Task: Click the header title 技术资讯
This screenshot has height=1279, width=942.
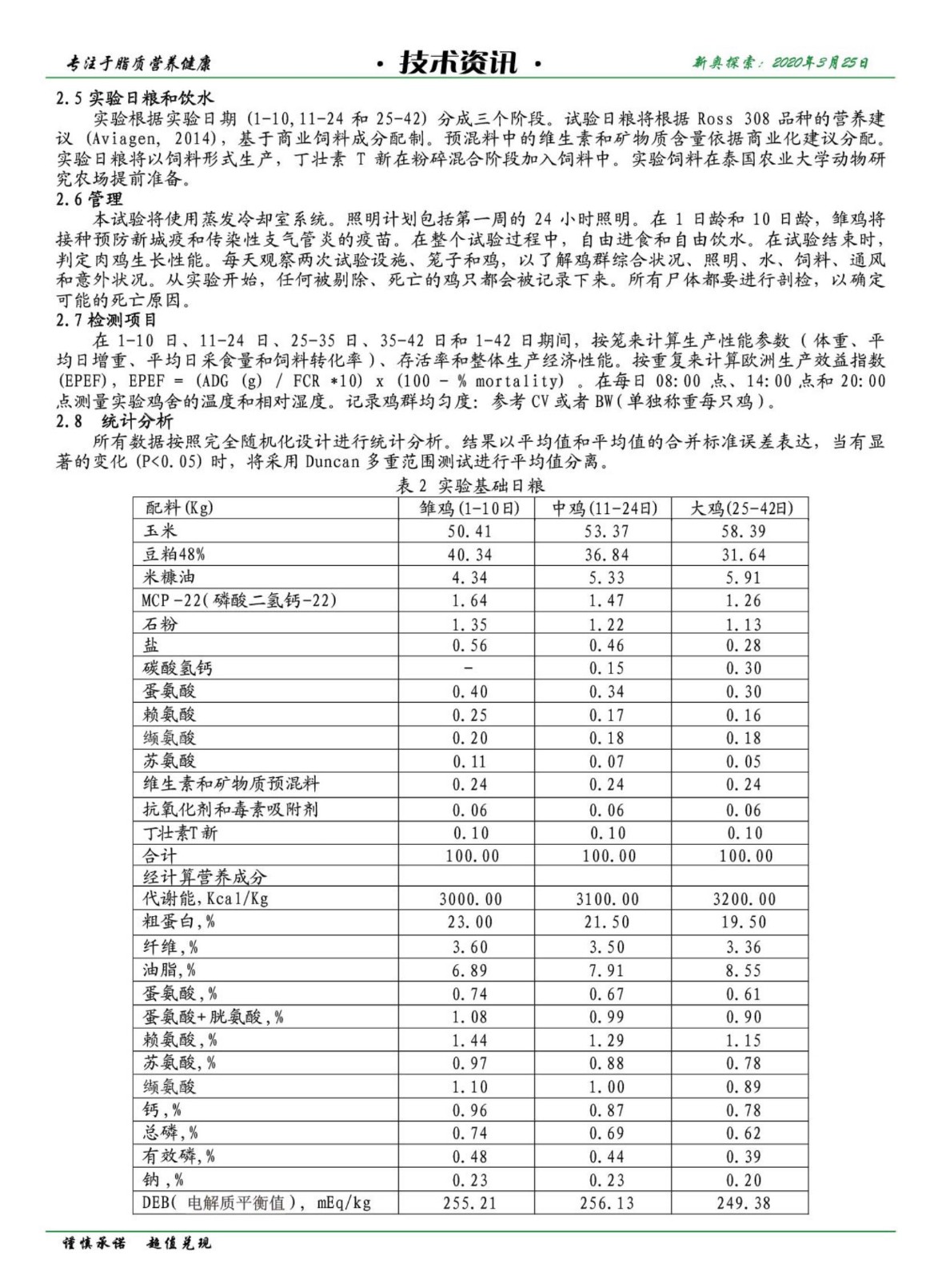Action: click(x=458, y=62)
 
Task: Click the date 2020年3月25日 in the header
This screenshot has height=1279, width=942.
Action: click(x=820, y=62)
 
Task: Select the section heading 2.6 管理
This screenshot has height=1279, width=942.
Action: click(x=89, y=199)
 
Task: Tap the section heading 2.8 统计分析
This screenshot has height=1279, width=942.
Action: click(x=114, y=421)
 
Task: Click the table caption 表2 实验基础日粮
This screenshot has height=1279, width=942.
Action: click(x=470, y=485)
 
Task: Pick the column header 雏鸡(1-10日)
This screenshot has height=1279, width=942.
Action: click(x=469, y=508)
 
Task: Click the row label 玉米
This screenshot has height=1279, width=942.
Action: click(x=160, y=531)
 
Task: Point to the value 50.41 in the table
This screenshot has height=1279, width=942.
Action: click(x=469, y=532)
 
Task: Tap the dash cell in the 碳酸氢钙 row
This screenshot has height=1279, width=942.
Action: click(x=469, y=668)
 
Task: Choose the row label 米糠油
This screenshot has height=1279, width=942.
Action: click(x=169, y=577)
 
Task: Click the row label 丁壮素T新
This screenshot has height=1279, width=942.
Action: click(x=180, y=833)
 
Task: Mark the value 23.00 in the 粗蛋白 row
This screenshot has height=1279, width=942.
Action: click(x=469, y=922)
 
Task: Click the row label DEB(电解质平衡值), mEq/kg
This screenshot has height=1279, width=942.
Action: click(x=256, y=1202)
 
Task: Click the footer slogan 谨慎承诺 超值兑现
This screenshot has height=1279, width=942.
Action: click(x=138, y=1244)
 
